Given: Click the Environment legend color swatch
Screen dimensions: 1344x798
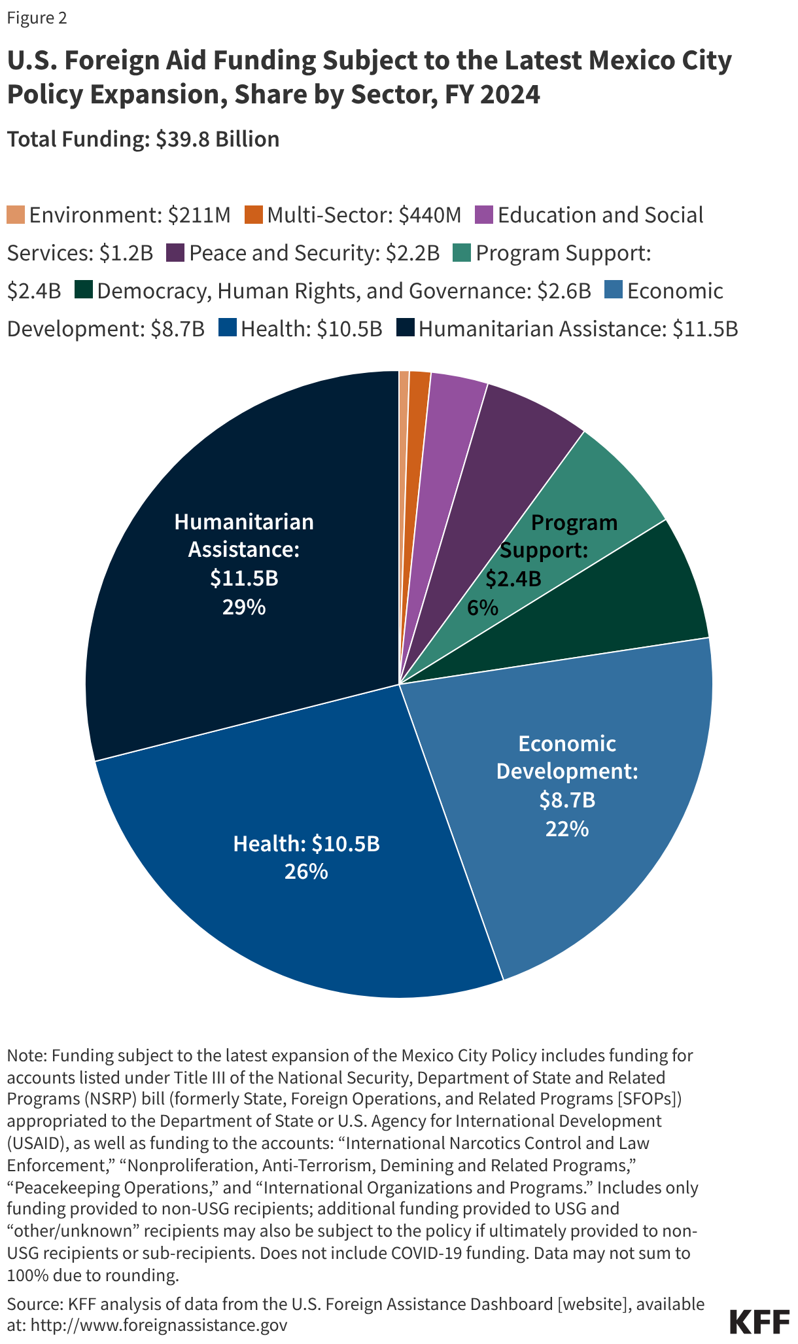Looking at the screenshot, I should [16, 215].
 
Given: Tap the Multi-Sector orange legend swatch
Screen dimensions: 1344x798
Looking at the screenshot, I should [254, 215].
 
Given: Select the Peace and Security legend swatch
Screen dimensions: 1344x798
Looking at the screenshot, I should [175, 253].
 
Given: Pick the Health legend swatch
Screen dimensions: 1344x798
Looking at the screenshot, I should [227, 328].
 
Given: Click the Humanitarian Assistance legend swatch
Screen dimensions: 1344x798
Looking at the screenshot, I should [405, 328].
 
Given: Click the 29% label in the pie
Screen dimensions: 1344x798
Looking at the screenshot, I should [243, 608].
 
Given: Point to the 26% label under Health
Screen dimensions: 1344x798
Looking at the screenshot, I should [305, 872].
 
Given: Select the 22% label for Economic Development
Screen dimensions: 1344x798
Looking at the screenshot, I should [566, 829].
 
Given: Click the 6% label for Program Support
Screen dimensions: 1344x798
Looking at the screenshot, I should [482, 609].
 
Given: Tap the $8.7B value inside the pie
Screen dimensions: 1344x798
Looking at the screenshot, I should [566, 800].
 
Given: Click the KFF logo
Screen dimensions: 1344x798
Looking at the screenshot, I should [759, 1322].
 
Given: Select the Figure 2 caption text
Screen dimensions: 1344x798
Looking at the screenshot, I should [37, 18].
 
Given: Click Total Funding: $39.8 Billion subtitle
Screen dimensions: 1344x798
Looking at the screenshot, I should [143, 139].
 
